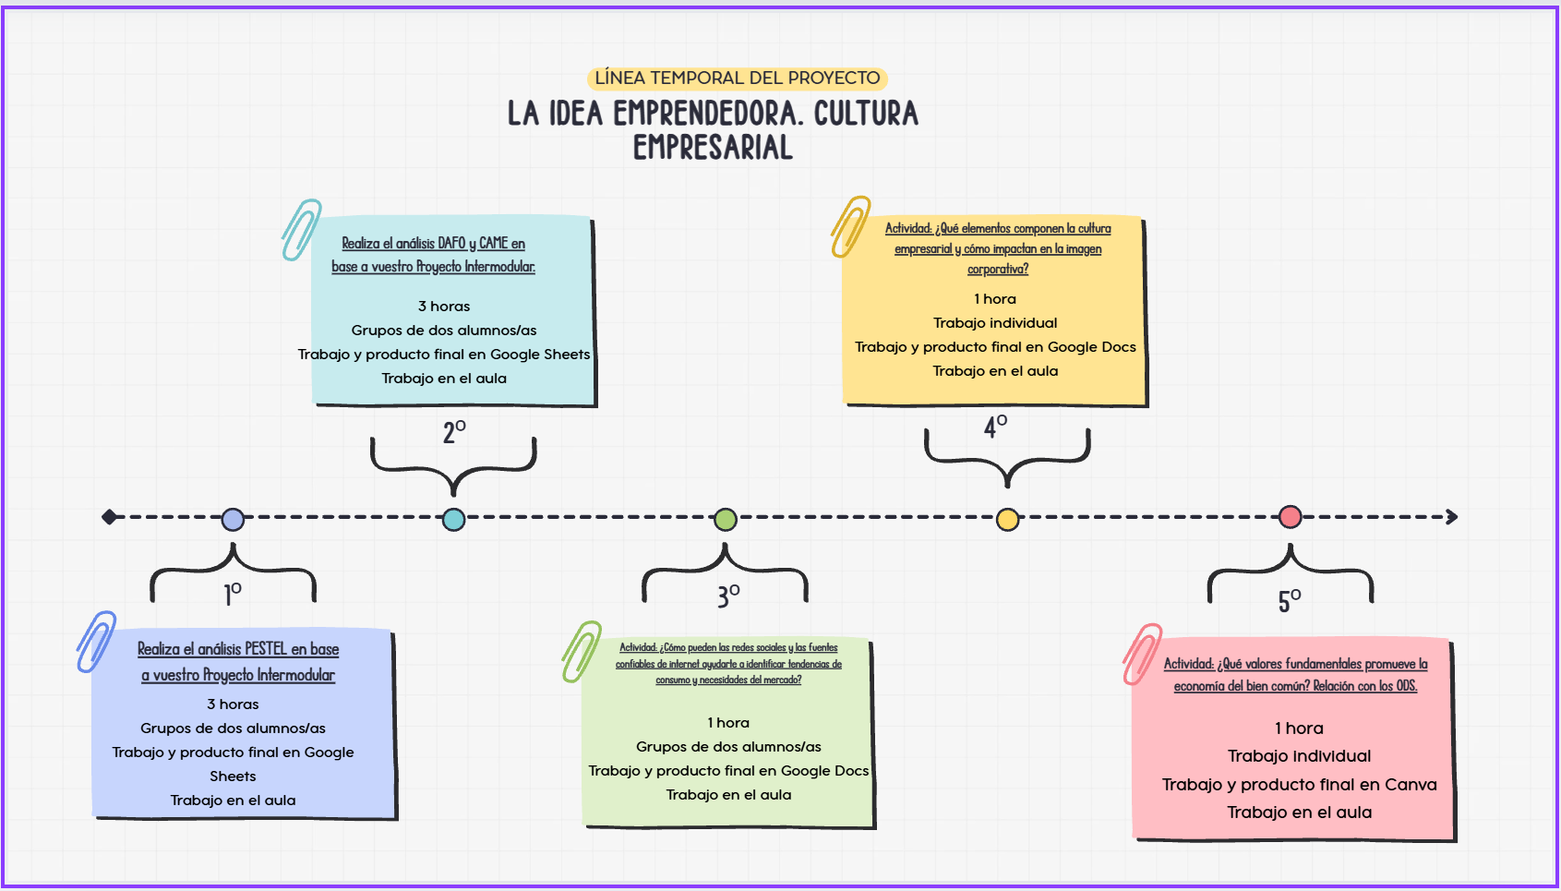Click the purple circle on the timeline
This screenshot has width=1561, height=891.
click(234, 519)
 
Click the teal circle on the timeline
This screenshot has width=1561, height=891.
click(453, 519)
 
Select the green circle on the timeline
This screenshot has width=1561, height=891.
click(726, 519)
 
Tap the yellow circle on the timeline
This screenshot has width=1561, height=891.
click(1007, 519)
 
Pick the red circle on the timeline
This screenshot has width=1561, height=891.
click(1291, 517)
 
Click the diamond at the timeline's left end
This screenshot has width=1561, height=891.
click(110, 517)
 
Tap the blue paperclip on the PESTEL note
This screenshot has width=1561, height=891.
click(96, 641)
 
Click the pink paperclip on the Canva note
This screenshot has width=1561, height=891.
click(1142, 654)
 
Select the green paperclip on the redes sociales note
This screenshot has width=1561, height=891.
click(582, 651)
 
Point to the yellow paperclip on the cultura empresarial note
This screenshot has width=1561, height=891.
click(850, 225)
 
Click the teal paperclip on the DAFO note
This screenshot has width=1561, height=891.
click(301, 229)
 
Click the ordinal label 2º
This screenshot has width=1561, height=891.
click(454, 431)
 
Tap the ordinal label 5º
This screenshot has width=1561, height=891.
click(1290, 601)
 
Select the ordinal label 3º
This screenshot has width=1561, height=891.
click(728, 596)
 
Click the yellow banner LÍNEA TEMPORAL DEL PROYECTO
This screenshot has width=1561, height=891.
click(737, 78)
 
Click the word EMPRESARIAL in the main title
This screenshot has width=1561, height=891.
click(713, 148)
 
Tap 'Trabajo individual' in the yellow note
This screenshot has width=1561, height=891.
click(995, 323)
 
